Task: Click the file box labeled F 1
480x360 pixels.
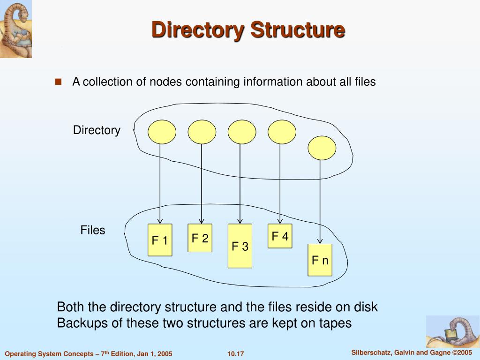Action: point(160,240)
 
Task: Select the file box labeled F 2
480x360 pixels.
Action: point(200,238)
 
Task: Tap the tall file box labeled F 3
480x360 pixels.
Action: point(240,246)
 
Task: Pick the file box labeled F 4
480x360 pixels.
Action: point(280,236)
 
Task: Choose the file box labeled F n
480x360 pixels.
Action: point(320,260)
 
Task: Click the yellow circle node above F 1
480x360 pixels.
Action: point(162,132)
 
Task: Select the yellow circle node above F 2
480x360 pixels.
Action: point(202,132)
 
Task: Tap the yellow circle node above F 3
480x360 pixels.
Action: point(242,132)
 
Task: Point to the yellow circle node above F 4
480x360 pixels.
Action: point(282,132)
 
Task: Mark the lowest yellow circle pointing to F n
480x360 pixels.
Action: point(322,148)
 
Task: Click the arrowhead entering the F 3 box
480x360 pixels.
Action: point(240,220)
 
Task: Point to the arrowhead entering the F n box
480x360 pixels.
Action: point(320,240)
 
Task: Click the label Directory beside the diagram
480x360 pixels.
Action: point(97,130)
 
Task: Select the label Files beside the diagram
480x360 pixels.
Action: point(93,230)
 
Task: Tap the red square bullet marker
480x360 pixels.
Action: point(59,82)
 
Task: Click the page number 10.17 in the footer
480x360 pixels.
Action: point(236,353)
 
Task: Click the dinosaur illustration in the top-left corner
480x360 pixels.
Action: point(15,29)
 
